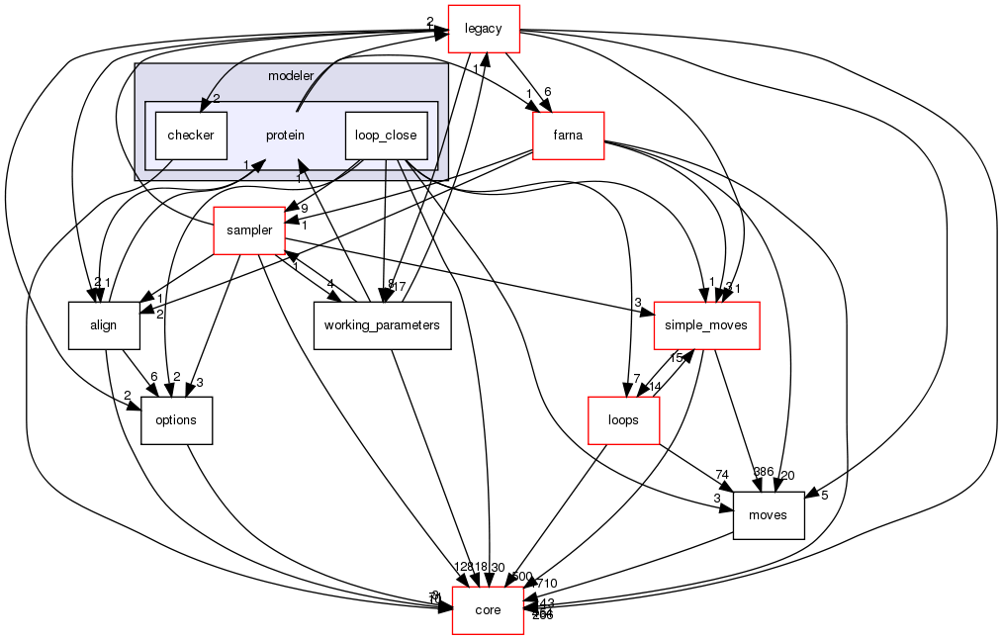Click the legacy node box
(x=485, y=29)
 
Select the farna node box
(x=568, y=136)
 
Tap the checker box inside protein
(x=191, y=135)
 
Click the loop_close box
(x=386, y=135)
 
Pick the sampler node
(x=249, y=230)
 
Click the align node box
(x=104, y=325)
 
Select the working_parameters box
(x=382, y=325)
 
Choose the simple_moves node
(x=706, y=325)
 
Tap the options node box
(x=176, y=419)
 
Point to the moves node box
(x=768, y=515)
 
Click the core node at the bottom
(x=488, y=610)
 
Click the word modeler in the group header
(x=291, y=76)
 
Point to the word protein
(x=285, y=135)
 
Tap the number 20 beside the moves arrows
(x=787, y=476)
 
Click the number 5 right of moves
(x=823, y=495)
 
